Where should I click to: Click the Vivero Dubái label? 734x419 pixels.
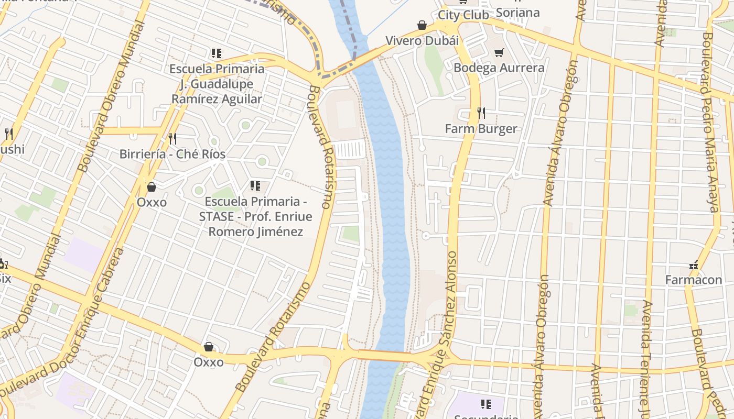pyautogui.click(x=422, y=40)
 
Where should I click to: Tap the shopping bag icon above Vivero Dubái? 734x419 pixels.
pyautogui.click(x=422, y=25)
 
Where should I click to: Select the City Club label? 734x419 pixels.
pyautogui.click(x=463, y=15)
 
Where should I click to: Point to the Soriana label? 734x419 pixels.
pyautogui.click(x=517, y=12)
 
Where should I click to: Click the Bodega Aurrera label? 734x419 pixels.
pyautogui.click(x=499, y=68)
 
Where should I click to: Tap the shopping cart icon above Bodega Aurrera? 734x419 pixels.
pyautogui.click(x=499, y=52)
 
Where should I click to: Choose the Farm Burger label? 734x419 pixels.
pyautogui.click(x=481, y=128)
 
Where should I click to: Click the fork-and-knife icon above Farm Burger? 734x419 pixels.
pyautogui.click(x=481, y=113)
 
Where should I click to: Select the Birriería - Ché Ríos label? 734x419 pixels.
pyautogui.click(x=172, y=154)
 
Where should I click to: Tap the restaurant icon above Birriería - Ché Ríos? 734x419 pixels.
pyautogui.click(x=172, y=138)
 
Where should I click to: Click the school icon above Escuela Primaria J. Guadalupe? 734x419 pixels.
pyautogui.click(x=216, y=53)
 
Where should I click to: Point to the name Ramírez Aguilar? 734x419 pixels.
pyautogui.click(x=217, y=99)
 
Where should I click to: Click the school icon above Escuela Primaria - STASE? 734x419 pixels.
pyautogui.click(x=255, y=185)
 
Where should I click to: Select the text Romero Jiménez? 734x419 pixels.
pyautogui.click(x=256, y=231)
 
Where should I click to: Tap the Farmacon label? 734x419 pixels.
pyautogui.click(x=694, y=280)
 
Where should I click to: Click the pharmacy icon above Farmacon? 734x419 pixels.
pyautogui.click(x=694, y=265)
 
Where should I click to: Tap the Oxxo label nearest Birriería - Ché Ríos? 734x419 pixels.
pyautogui.click(x=152, y=202)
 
